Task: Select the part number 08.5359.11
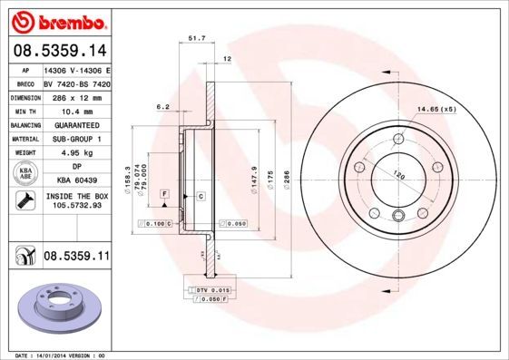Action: pyautogui.click(x=76, y=258)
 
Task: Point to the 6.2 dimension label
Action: pyautogui.click(x=164, y=107)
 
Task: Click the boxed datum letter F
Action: pyautogui.click(x=164, y=194)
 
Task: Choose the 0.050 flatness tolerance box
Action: pyautogui.click(x=233, y=222)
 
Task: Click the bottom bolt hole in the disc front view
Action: pyautogui.click(x=398, y=215)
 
